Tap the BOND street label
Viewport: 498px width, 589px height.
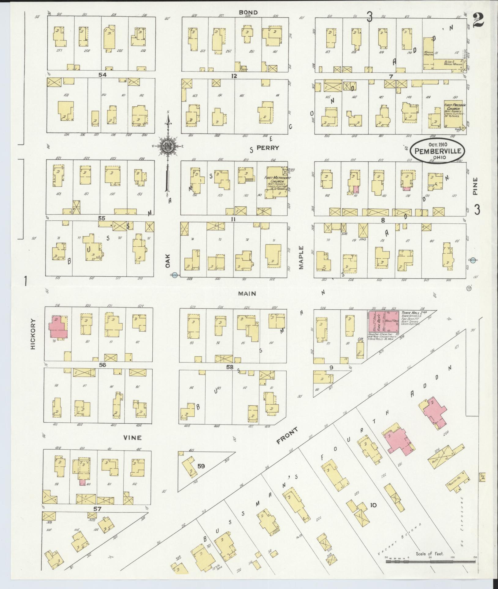[248, 12]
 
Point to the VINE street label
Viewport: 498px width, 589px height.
[132, 438]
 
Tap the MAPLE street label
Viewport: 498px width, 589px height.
[301, 257]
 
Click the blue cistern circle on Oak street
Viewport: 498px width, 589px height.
[174, 275]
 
